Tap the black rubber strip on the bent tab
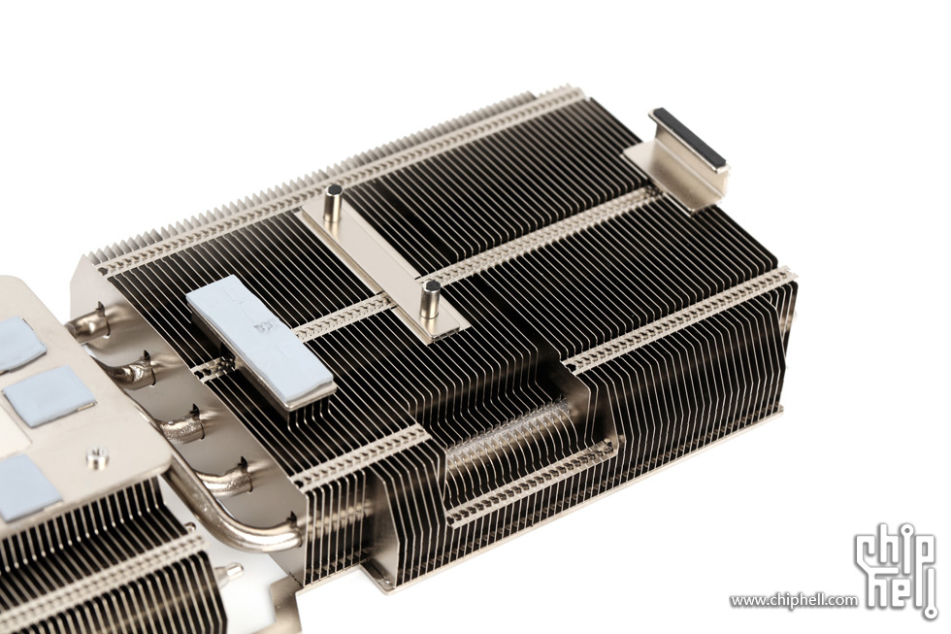(688, 137)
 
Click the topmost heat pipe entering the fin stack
(91, 322)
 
